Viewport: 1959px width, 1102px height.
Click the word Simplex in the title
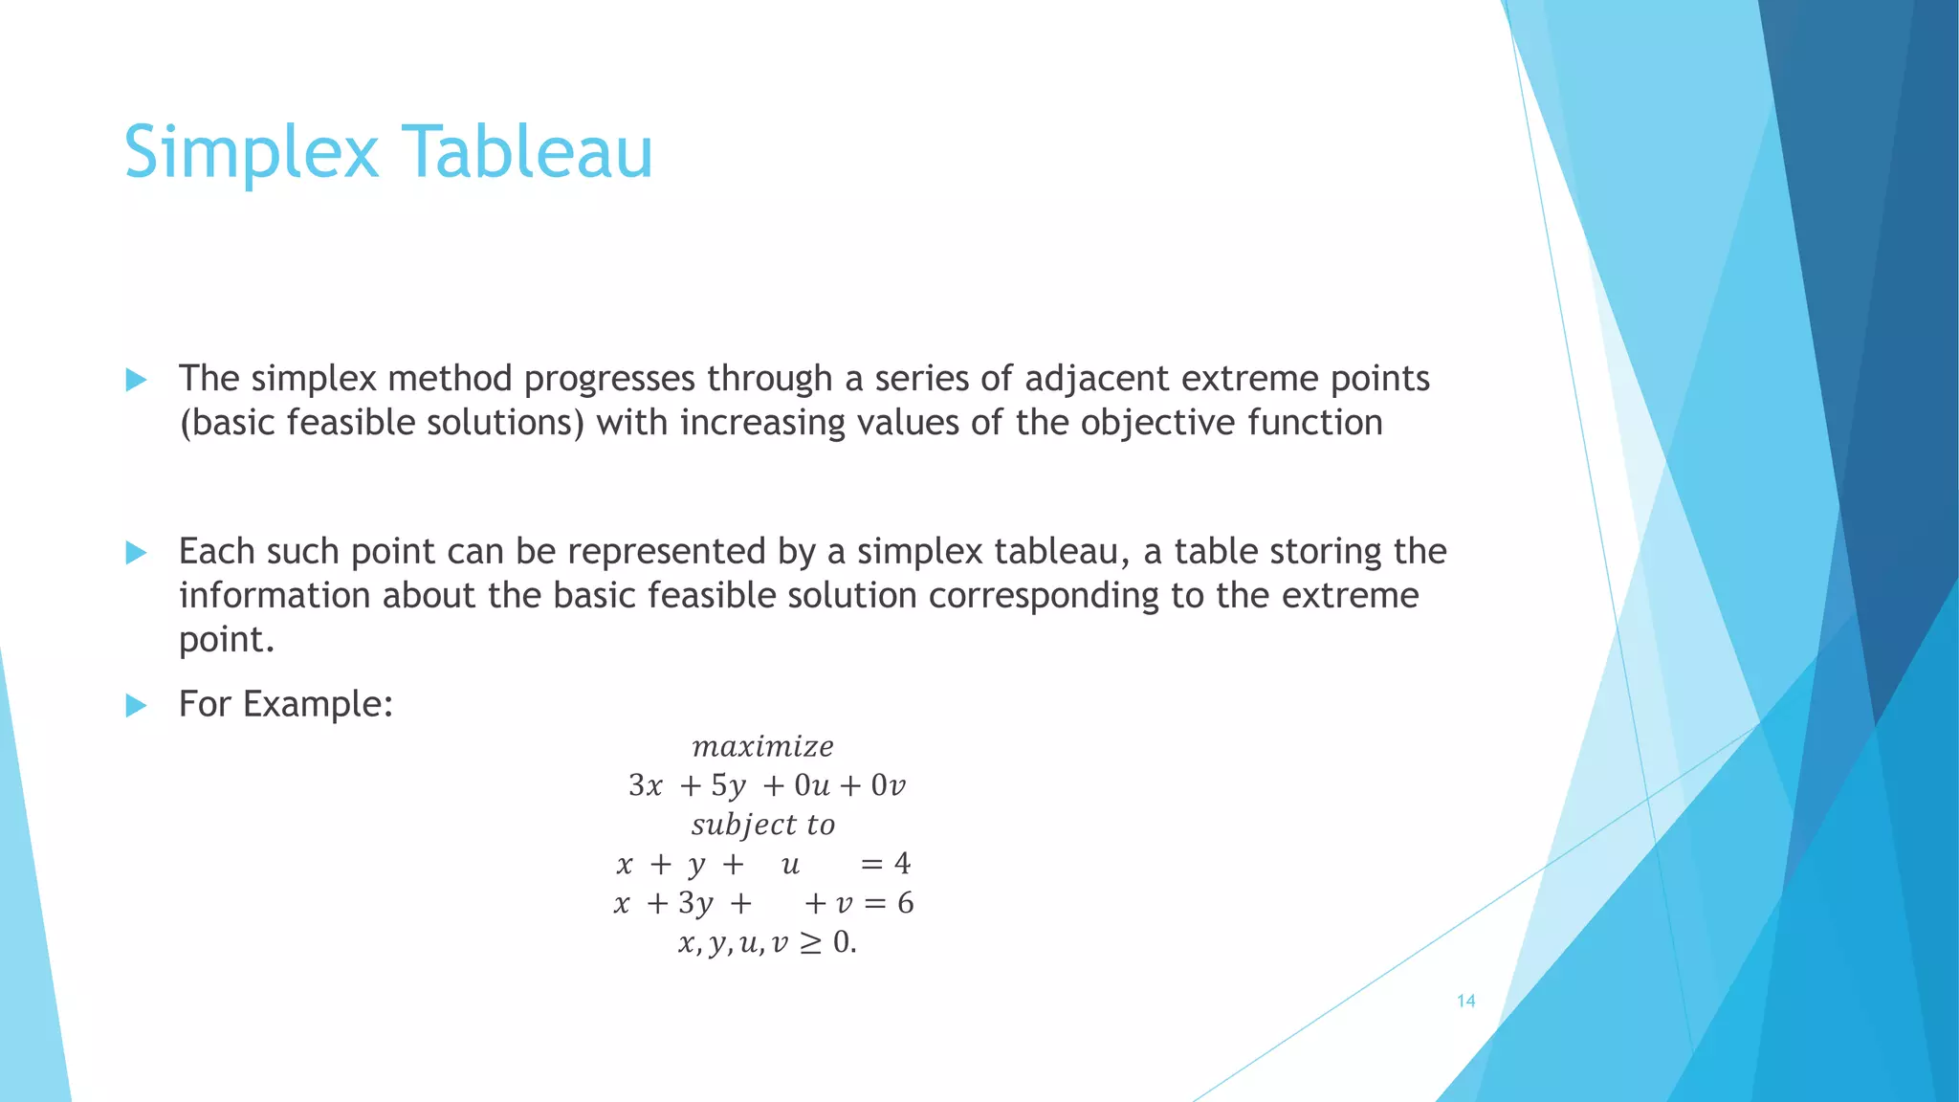(251, 153)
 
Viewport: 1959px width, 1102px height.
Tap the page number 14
(1465, 1002)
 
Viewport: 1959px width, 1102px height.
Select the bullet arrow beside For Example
(136, 706)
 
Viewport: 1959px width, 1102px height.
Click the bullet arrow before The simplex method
(136, 381)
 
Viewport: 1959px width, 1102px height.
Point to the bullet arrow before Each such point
(136, 553)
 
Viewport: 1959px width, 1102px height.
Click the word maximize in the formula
(762, 746)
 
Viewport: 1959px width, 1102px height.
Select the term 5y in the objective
(728, 786)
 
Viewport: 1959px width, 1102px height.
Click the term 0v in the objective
(888, 786)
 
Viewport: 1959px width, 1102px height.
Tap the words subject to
(762, 825)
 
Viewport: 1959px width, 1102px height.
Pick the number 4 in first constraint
(902, 864)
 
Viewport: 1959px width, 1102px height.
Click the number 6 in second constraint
(905, 903)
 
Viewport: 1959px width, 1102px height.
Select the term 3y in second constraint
(695, 904)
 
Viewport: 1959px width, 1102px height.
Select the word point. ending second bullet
(227, 640)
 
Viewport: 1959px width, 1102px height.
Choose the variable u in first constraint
(790, 865)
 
